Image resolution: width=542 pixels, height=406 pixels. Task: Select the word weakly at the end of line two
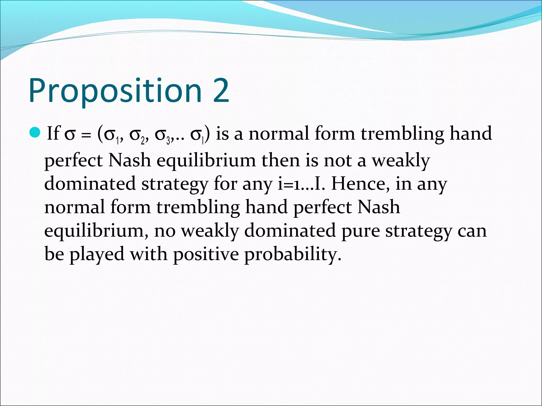click(x=401, y=161)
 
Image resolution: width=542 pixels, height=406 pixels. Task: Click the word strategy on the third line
click(x=174, y=184)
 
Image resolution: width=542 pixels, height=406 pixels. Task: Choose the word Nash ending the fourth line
click(x=378, y=207)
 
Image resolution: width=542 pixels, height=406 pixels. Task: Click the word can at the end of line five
click(x=472, y=230)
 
